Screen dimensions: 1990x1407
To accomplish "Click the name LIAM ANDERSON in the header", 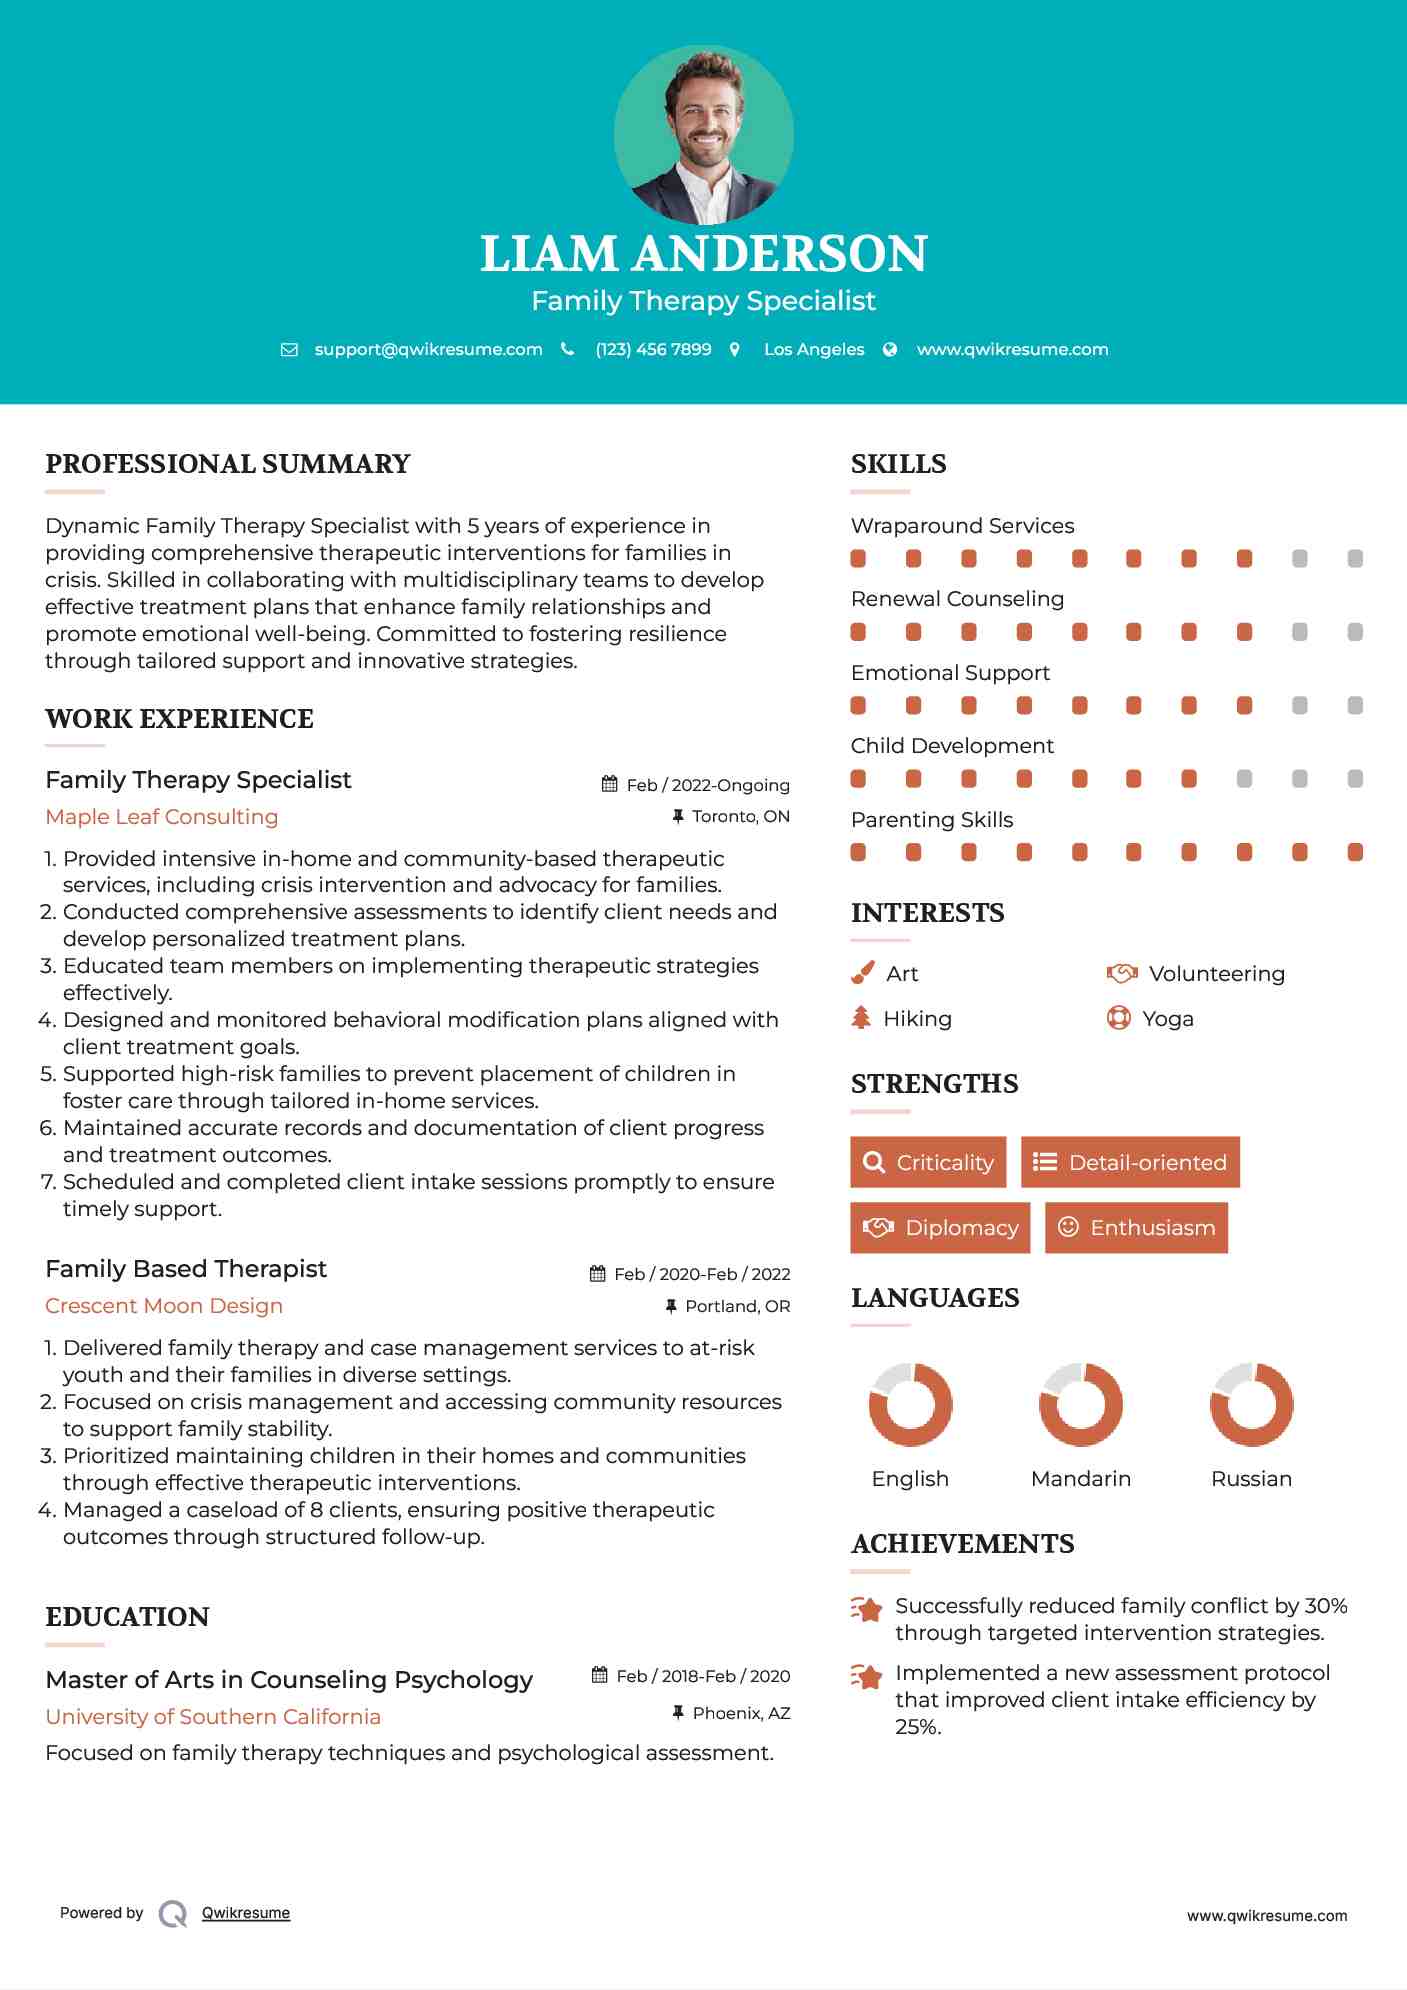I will pyautogui.click(x=703, y=254).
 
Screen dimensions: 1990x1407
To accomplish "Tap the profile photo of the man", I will pyautogui.click(x=703, y=134).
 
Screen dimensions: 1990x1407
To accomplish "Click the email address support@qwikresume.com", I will pyautogui.click(x=428, y=349).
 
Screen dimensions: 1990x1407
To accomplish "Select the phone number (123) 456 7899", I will pyautogui.click(x=653, y=349).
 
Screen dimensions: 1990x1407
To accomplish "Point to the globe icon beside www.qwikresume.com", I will pyautogui.click(x=890, y=349).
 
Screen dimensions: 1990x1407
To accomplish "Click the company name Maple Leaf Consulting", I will pyautogui.click(x=162, y=817).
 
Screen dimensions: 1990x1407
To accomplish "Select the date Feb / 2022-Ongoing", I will pyautogui.click(x=707, y=785).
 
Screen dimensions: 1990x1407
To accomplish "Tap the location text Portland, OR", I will pyautogui.click(x=737, y=1306).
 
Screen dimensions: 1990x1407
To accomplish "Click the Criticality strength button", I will pyautogui.click(x=928, y=1162).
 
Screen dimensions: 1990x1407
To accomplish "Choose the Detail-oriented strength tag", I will pyautogui.click(x=1130, y=1162).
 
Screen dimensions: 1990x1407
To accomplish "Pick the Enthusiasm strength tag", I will pyautogui.click(x=1136, y=1227).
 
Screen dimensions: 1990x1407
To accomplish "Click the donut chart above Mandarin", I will pyautogui.click(x=1081, y=1404).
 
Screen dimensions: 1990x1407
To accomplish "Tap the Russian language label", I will pyautogui.click(x=1251, y=1478).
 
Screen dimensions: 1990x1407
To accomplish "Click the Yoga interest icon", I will pyautogui.click(x=1119, y=1018).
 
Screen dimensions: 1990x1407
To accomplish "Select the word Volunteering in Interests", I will pyautogui.click(x=1216, y=973).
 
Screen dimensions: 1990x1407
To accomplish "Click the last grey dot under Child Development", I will pyautogui.click(x=1355, y=779).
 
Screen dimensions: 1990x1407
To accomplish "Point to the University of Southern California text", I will pyautogui.click(x=213, y=1717).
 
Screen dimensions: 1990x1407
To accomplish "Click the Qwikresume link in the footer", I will pyautogui.click(x=246, y=1913).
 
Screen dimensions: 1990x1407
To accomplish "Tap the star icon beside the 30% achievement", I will pyautogui.click(x=867, y=1609).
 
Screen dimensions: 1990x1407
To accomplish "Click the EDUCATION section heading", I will pyautogui.click(x=127, y=1617).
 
